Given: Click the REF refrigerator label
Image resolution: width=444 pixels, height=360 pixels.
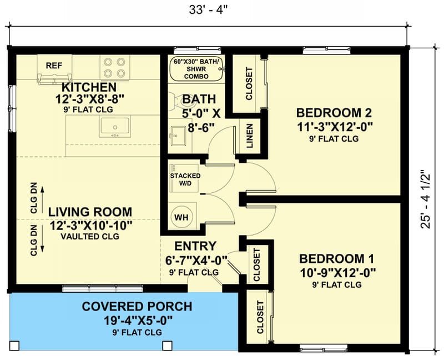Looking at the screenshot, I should pos(54,65).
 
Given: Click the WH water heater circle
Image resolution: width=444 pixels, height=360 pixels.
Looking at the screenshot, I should pos(181,217).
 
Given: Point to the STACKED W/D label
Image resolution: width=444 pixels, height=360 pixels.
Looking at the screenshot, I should pos(185,179).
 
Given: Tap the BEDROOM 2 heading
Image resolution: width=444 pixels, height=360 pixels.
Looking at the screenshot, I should pos(334,111).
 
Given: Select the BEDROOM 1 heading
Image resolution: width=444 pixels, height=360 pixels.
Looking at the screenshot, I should pos(337,259).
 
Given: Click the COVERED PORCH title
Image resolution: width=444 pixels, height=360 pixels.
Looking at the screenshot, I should pos(137,307).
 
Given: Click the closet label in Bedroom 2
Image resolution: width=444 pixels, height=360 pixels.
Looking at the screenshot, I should pos(249,83).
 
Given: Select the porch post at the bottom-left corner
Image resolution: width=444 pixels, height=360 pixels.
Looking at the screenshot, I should pos(14,346).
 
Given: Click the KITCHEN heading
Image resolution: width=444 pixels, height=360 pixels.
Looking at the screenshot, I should pos(89,87).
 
